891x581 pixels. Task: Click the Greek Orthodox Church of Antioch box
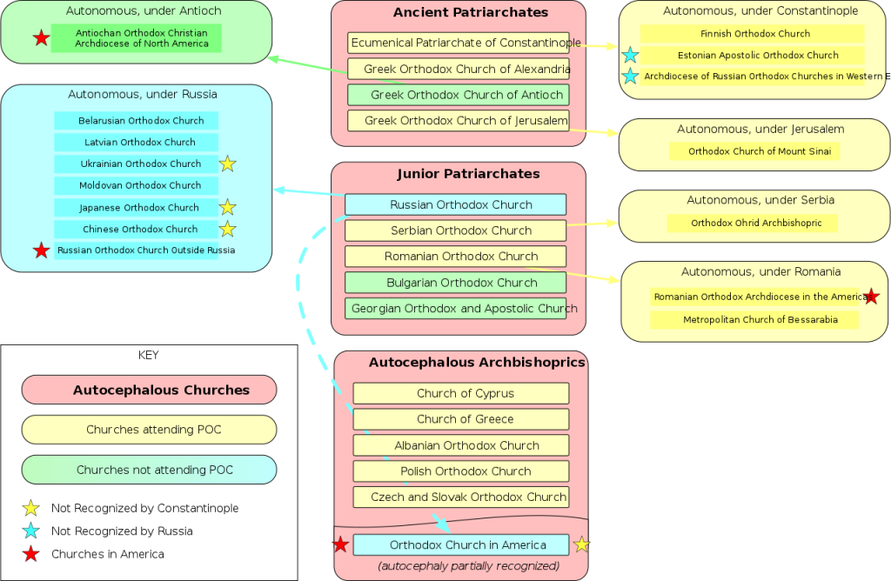coord(458,95)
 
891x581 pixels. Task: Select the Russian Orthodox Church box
coord(455,204)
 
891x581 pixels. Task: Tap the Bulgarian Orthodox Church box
coord(455,283)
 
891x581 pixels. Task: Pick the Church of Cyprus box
coord(461,393)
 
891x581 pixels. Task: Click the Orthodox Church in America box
coord(461,544)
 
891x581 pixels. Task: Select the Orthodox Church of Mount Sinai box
coord(754,151)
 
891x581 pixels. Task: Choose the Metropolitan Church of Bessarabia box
coord(754,320)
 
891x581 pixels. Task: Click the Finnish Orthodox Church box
coord(753,34)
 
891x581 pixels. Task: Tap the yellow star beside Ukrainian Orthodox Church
coord(227,164)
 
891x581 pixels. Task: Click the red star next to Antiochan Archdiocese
coord(41,38)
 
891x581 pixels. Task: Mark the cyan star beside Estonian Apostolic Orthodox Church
coord(630,55)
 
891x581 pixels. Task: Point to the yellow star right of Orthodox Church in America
coord(581,544)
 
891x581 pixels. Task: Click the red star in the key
coord(30,554)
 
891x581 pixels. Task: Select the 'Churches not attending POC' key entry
coord(149,470)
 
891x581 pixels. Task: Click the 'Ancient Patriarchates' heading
coord(471,12)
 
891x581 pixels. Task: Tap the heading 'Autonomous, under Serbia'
coord(760,200)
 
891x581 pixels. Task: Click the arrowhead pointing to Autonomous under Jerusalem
coord(612,133)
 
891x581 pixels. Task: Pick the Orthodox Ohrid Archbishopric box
coord(753,224)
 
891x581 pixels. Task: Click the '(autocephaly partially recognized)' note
coord(468,565)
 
